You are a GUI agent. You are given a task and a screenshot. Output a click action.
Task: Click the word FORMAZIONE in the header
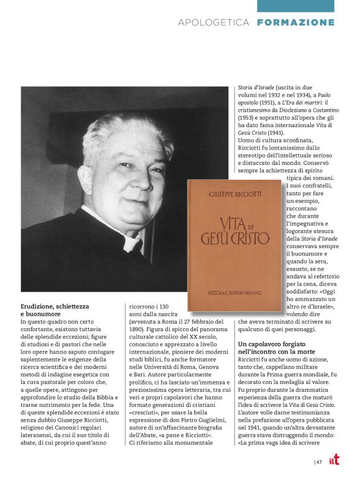click(295, 22)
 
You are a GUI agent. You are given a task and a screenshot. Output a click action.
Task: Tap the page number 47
click(319, 461)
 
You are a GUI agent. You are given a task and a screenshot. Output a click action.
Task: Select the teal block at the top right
click(296, 6)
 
